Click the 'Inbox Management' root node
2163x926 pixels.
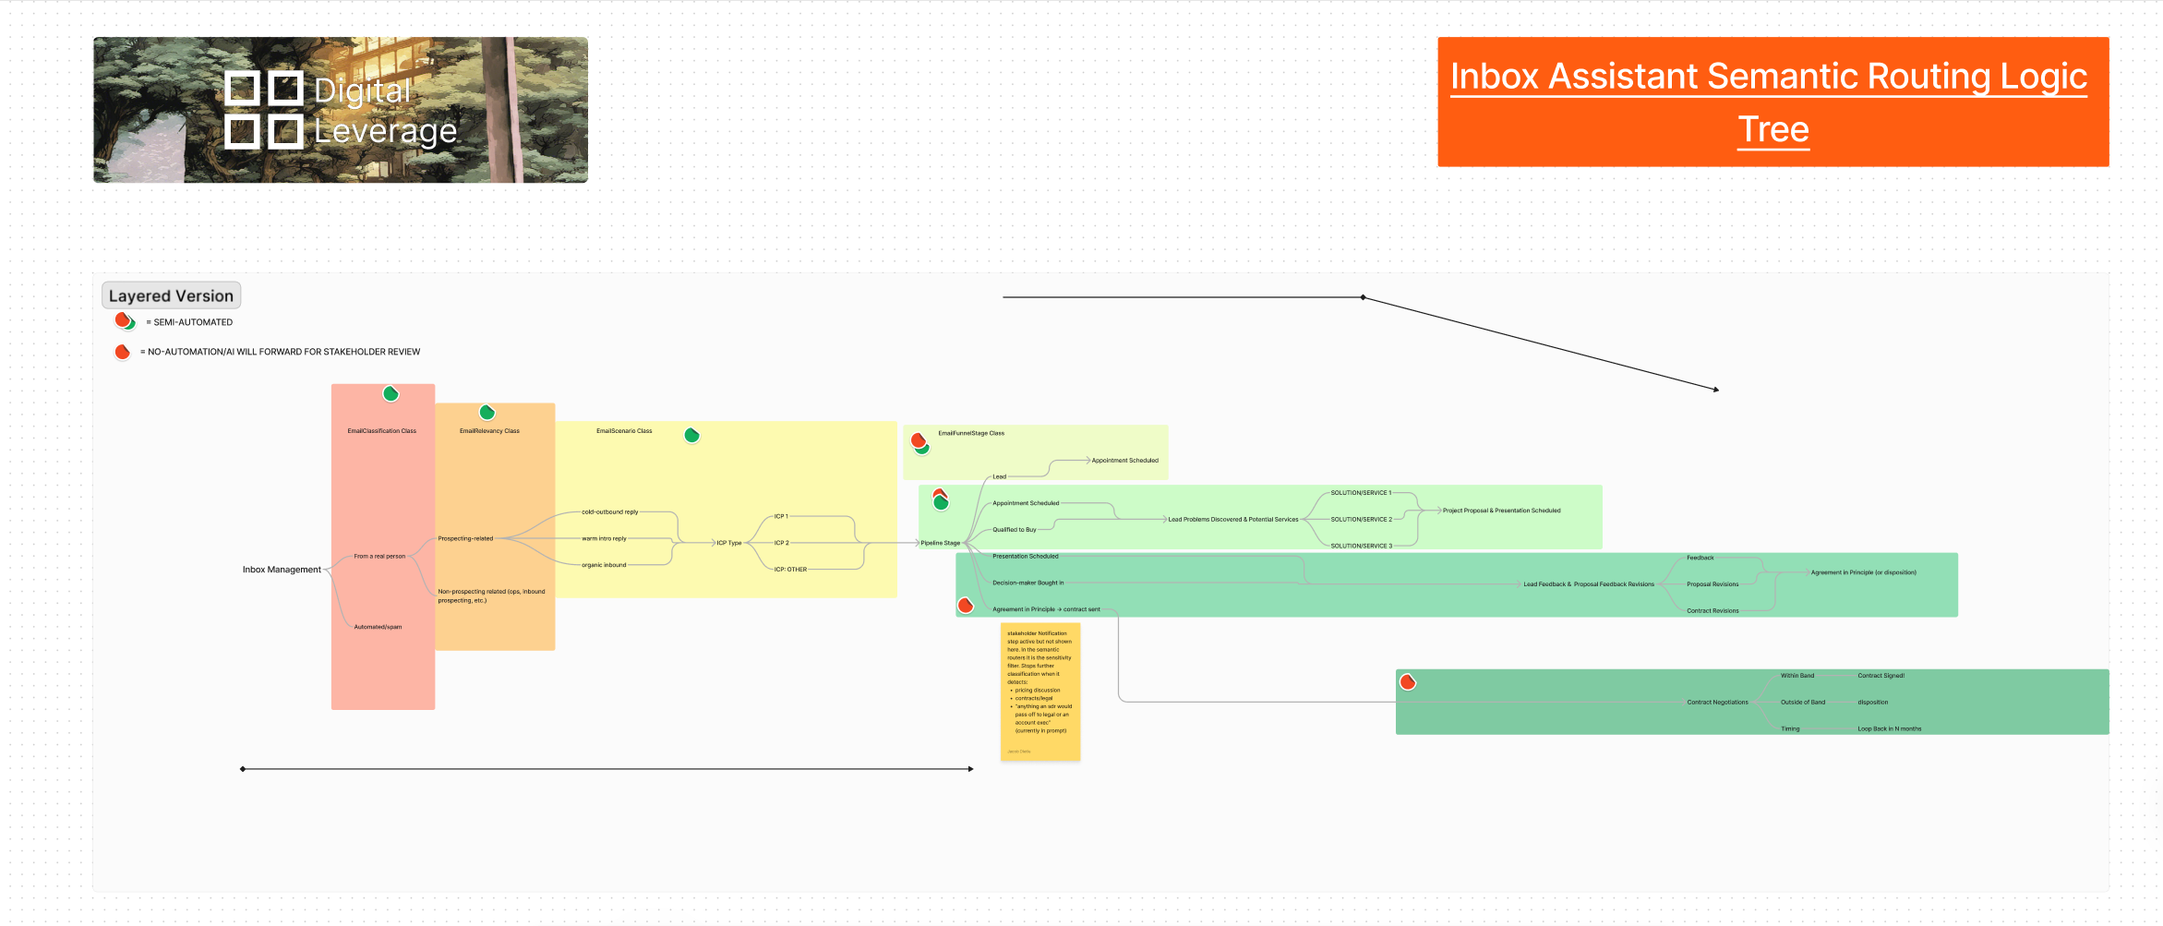pyautogui.click(x=282, y=570)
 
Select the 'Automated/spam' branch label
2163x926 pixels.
pyautogui.click(x=378, y=627)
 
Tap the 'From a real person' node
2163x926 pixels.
pyautogui.click(x=379, y=557)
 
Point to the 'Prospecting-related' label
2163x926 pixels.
pyautogui.click(x=465, y=538)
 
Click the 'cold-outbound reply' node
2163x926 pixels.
pyautogui.click(x=609, y=511)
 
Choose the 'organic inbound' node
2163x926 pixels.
pyautogui.click(x=604, y=565)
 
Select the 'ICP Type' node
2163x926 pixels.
pyautogui.click(x=728, y=543)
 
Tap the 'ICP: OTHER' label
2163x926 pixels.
pyautogui.click(x=790, y=570)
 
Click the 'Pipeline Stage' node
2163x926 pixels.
pyautogui.click(x=940, y=543)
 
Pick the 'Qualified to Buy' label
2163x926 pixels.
pyautogui.click(x=1014, y=530)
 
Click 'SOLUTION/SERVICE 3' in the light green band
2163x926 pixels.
pyautogui.click(x=1361, y=546)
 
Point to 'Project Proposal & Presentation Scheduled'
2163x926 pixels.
pyautogui.click(x=1501, y=511)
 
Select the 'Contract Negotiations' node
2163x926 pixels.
pyautogui.click(x=1717, y=703)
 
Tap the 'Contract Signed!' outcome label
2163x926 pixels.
pyautogui.click(x=1881, y=676)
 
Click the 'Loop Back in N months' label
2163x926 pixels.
pyautogui.click(x=1889, y=729)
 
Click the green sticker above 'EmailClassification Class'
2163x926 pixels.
pyautogui.click(x=391, y=394)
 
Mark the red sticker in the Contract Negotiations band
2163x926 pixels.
pyautogui.click(x=1408, y=682)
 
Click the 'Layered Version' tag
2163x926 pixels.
pyautogui.click(x=171, y=296)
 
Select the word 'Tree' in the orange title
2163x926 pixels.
pyautogui.click(x=1772, y=129)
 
